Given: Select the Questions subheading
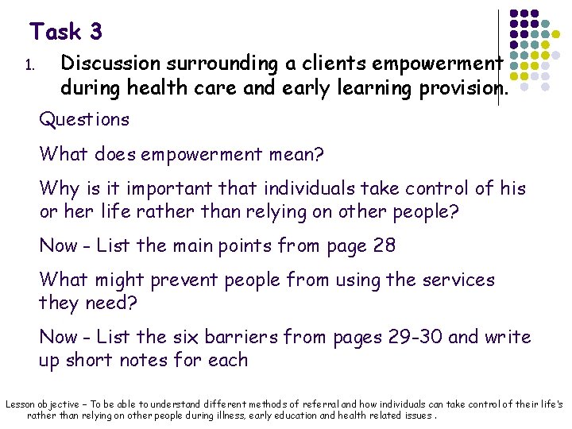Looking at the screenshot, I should click(84, 120).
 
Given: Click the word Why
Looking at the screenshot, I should click(60, 188).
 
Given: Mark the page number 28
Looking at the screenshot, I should click(383, 245).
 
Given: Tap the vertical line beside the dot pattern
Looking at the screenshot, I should click(499, 56).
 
